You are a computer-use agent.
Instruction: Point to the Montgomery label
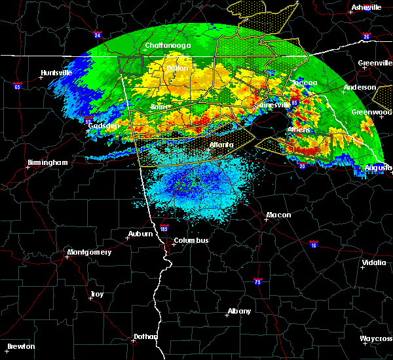coord(90,252)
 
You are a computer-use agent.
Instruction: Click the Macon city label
coord(278,215)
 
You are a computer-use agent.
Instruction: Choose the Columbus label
coord(191,240)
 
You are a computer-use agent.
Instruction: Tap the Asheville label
coord(367,7)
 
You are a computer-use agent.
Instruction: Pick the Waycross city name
coord(376,339)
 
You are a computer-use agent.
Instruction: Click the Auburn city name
coord(141,234)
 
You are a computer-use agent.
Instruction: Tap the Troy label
coord(96,295)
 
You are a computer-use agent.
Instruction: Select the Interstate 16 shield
coord(313,243)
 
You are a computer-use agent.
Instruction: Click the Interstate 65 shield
coord(18,86)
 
